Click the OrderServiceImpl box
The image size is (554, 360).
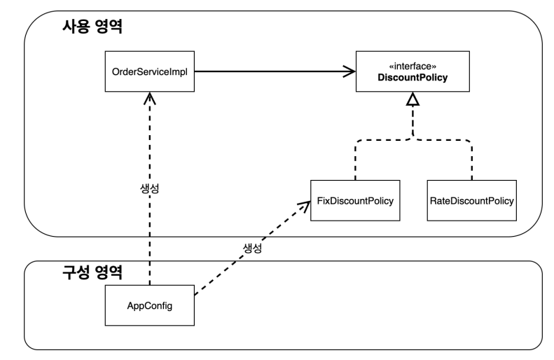pyautogui.click(x=149, y=71)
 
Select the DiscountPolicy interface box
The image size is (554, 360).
pyautogui.click(x=413, y=71)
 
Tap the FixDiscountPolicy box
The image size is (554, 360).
pyautogui.click(x=355, y=201)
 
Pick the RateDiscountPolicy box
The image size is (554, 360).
pyautogui.click(x=471, y=201)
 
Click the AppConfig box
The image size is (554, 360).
pyautogui.click(x=149, y=305)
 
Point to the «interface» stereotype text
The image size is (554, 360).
pyautogui.click(x=413, y=66)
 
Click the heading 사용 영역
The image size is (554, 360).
pyautogui.click(x=92, y=26)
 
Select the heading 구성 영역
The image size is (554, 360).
pyautogui.click(x=92, y=272)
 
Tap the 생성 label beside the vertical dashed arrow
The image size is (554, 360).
pyautogui.click(x=149, y=188)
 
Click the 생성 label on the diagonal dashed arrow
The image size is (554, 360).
pyautogui.click(x=252, y=248)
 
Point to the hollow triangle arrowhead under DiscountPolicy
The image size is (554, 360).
pyautogui.click(x=413, y=99)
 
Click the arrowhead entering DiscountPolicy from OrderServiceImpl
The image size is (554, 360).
pyautogui.click(x=349, y=71)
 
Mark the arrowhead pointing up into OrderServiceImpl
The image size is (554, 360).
pyautogui.click(x=149, y=98)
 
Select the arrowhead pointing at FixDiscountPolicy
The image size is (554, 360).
pyautogui.click(x=304, y=207)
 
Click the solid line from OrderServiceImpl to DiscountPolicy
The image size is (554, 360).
pyautogui.click(x=275, y=71)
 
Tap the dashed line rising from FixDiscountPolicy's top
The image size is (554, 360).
pyautogui.click(x=355, y=160)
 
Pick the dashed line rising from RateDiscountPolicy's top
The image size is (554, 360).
pyautogui.click(x=471, y=160)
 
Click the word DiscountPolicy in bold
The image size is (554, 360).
pyautogui.click(x=413, y=77)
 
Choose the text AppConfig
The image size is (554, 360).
pyautogui.click(x=149, y=306)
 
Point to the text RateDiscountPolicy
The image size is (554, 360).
pyautogui.click(x=471, y=201)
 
